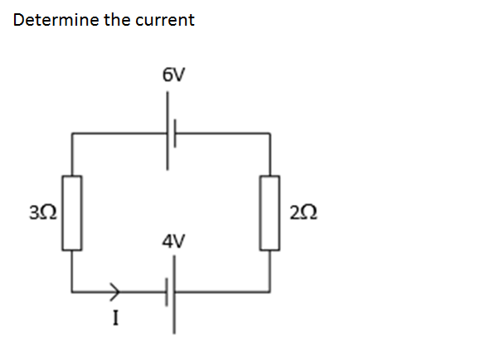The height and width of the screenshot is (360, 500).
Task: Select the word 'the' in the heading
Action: [117, 19]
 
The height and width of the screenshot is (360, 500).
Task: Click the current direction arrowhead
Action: [117, 291]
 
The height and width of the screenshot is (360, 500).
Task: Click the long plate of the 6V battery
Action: [168, 132]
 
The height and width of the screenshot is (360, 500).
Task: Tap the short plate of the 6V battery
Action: [177, 132]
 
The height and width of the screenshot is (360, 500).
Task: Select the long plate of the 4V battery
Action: [175, 292]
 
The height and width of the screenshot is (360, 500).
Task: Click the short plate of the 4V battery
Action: [167, 292]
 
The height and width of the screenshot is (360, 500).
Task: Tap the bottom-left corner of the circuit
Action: [72, 292]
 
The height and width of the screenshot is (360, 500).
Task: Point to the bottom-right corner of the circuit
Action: [270, 292]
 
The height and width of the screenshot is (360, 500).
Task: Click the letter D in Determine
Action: [18, 19]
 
